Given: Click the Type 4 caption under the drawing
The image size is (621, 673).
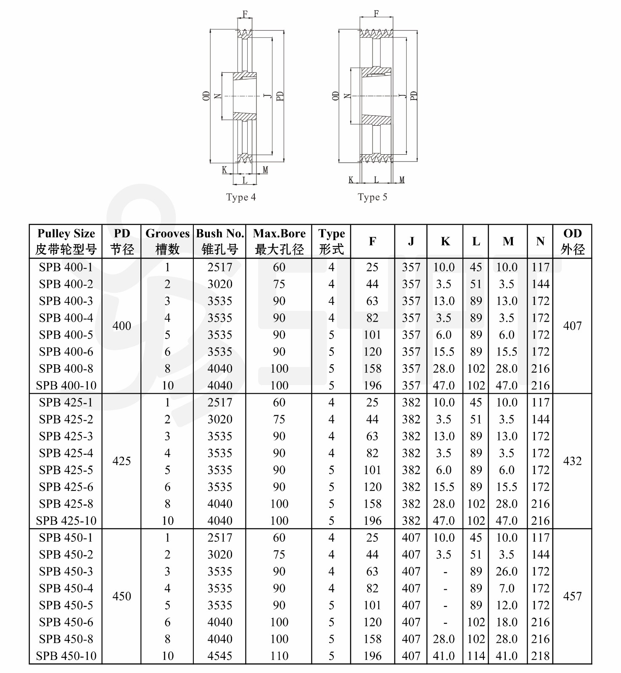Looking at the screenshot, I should [240, 197].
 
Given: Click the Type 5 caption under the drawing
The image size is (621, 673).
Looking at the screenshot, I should [372, 197].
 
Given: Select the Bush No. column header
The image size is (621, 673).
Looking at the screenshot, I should [220, 241].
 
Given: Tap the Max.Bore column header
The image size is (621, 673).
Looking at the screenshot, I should [279, 241].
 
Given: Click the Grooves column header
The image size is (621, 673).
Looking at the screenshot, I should [167, 241].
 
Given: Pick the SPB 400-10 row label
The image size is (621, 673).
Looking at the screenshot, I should [66, 385].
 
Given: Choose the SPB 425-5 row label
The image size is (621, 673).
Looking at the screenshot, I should [66, 470].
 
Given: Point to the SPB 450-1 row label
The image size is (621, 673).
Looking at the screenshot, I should [66, 538].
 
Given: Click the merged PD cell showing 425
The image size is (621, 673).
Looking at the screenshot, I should [122, 461].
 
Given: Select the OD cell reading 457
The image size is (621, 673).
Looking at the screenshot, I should [572, 596].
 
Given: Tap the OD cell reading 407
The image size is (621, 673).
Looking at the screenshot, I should [572, 326].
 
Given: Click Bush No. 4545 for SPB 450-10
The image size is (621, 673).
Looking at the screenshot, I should [220, 656].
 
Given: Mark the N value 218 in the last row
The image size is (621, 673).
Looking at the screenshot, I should [540, 656].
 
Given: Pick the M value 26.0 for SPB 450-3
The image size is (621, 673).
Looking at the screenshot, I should [507, 571].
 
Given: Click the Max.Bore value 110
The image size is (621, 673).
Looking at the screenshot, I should [279, 656].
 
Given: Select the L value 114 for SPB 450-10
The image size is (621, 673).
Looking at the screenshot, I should [476, 656].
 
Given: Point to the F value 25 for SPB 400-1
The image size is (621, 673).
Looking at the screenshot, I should [372, 267].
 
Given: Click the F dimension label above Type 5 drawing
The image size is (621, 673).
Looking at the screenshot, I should [376, 14].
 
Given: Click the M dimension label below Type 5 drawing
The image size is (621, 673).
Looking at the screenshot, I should [402, 180].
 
